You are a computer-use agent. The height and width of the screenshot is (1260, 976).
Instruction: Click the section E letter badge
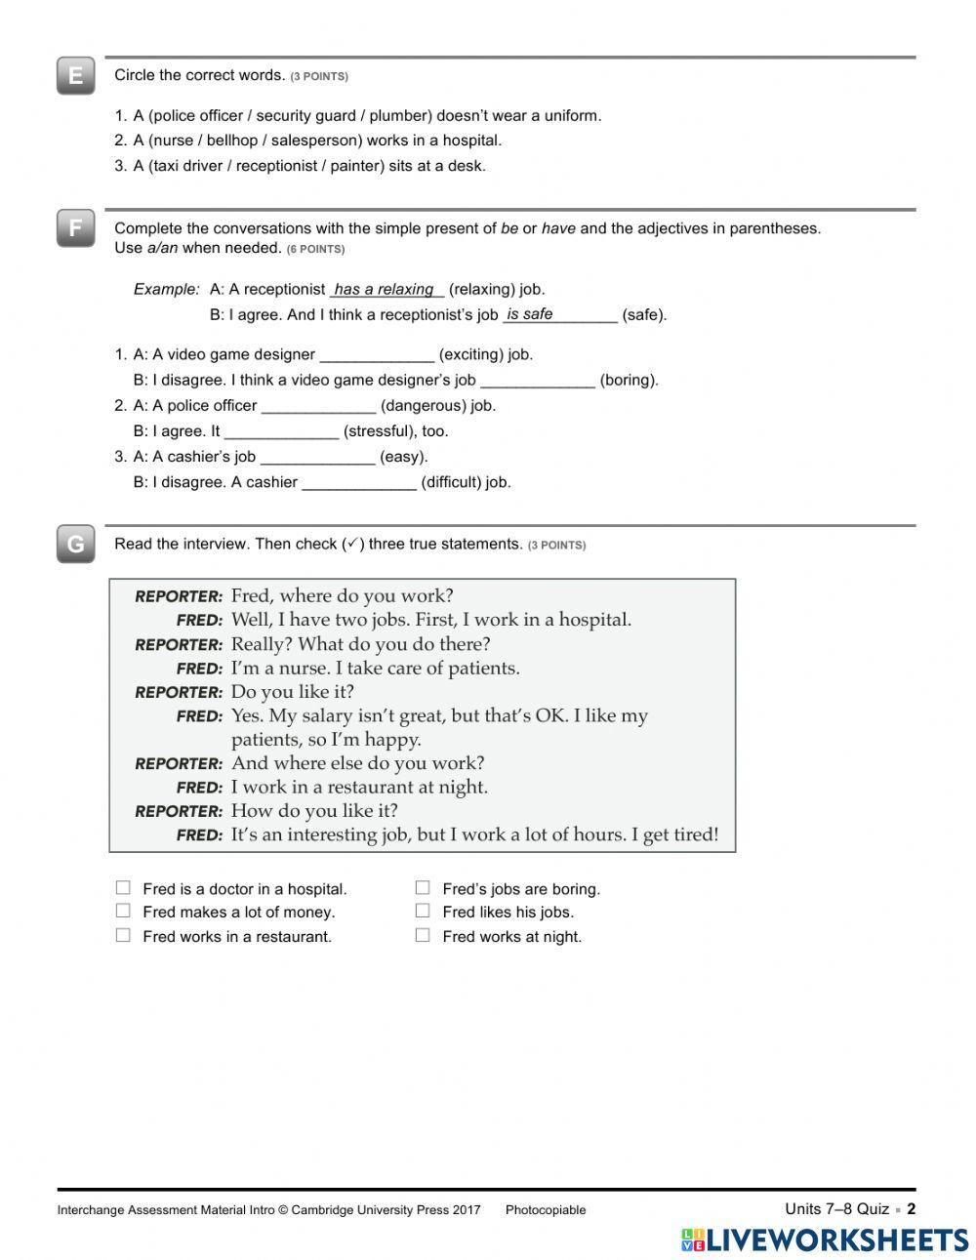(x=75, y=76)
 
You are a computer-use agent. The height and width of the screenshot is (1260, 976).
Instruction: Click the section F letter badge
(x=75, y=229)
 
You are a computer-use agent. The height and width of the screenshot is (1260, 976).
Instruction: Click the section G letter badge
(x=75, y=545)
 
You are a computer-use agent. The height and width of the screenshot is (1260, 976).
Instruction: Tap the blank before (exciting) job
(x=377, y=355)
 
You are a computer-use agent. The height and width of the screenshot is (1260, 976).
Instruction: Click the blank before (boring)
(x=538, y=381)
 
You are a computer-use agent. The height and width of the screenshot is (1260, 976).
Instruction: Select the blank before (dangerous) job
(x=318, y=406)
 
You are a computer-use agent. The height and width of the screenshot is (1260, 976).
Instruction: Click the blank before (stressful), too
(x=281, y=431)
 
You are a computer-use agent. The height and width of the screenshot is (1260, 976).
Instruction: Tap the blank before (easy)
(x=317, y=457)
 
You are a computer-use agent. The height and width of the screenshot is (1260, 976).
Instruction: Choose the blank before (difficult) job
(x=359, y=482)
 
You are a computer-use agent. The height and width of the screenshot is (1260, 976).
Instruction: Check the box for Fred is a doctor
(x=123, y=888)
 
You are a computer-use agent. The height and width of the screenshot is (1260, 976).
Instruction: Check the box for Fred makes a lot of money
(x=123, y=912)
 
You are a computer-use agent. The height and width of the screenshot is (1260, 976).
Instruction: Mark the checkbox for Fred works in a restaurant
(x=123, y=936)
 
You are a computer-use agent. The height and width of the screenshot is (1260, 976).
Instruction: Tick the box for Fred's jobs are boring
(x=423, y=888)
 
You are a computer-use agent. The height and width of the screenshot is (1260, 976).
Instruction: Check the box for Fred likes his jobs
(x=423, y=912)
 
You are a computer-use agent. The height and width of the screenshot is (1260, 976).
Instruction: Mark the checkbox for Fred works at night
(x=423, y=936)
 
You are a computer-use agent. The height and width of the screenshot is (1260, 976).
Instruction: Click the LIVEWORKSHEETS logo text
(x=836, y=1240)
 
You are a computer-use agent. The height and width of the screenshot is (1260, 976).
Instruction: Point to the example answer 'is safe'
(x=530, y=314)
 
